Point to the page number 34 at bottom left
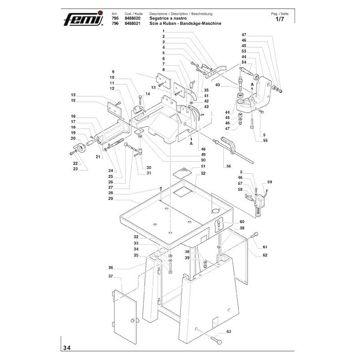click(67, 347)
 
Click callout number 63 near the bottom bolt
click(228, 332)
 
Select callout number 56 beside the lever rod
click(229, 166)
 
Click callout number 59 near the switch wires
click(270, 182)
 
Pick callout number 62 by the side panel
click(265, 255)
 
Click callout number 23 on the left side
click(76, 169)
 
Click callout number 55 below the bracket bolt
click(265, 141)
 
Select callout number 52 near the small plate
click(203, 173)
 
